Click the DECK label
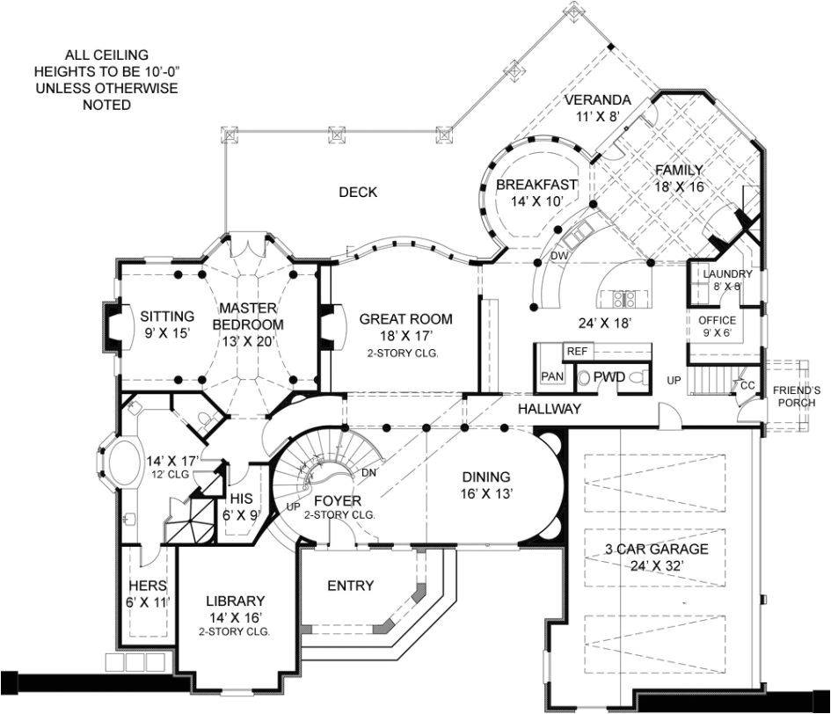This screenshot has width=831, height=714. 358,193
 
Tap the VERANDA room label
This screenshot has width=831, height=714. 598,98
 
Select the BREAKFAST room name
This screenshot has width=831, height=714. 536,185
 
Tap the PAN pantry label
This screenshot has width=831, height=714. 552,376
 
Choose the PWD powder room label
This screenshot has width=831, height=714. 609,376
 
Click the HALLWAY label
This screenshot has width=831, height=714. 549,409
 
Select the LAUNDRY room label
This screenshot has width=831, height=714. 727,274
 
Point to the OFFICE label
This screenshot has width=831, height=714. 717,320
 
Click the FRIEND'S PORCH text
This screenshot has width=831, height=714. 796,397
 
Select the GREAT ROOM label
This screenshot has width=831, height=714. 405,319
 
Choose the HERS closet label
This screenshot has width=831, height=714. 148,586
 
